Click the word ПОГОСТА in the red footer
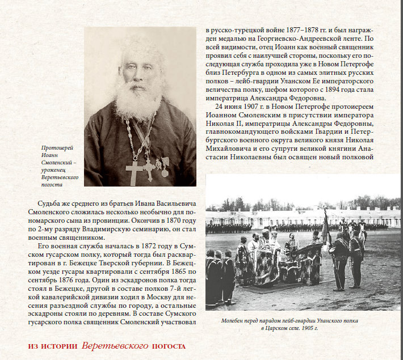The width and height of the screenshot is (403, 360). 169,346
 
